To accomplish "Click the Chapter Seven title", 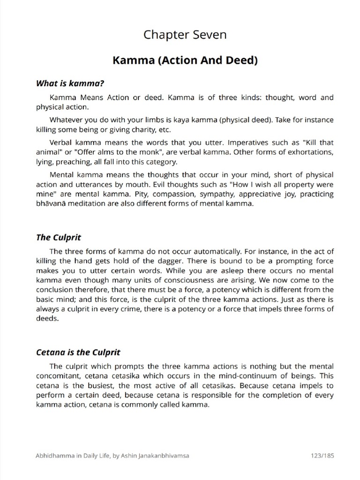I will click(185, 34).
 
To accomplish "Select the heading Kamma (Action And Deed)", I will click(185, 60).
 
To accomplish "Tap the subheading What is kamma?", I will click(69, 83).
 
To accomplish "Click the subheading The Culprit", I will click(59, 237).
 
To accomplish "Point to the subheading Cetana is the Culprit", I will click(78, 352).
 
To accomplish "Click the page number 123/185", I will click(322, 455).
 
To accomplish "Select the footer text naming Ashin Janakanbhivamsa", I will click(112, 455).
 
